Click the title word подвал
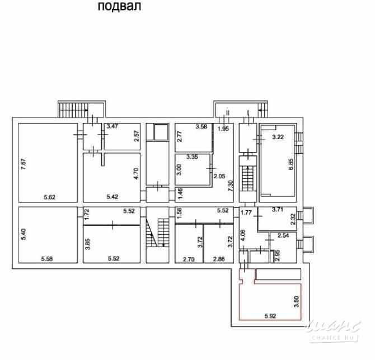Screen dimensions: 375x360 (119, 7)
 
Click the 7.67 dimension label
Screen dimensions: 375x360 (24, 164)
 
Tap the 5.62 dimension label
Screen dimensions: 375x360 (49, 197)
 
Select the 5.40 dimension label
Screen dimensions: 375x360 (23, 234)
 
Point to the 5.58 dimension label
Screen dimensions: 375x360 (47, 258)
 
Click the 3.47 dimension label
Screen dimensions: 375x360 (112, 126)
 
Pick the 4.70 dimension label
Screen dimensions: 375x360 (136, 174)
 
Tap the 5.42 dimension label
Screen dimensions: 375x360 (112, 197)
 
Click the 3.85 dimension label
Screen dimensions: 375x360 (88, 244)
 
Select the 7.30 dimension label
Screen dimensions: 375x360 (231, 186)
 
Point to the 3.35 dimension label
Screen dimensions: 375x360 (192, 157)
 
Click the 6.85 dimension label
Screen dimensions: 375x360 (291, 164)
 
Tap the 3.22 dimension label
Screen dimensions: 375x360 (278, 137)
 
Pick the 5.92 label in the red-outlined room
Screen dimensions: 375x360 (270, 316)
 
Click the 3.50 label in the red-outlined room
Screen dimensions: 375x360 (296, 302)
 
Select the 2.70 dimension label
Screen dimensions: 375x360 (189, 259)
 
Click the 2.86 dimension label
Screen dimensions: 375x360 (219, 259)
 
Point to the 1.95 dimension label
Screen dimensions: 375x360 (223, 129)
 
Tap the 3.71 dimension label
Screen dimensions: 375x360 (278, 210)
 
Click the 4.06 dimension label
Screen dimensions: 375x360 (242, 235)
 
